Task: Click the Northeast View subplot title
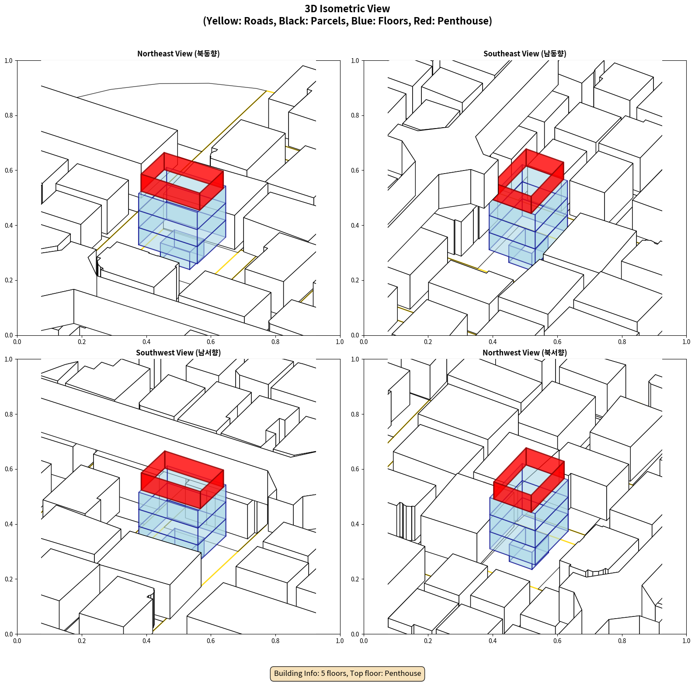(178, 54)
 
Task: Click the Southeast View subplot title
(525, 54)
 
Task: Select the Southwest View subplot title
(178, 353)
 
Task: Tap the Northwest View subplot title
(525, 353)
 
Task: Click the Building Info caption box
(347, 673)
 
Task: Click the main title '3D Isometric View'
(347, 9)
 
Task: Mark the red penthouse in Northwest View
(529, 480)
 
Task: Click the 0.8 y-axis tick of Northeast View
(9, 115)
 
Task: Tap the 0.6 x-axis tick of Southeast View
(557, 342)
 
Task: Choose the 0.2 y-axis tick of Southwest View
(9, 579)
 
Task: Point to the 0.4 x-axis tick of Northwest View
(493, 641)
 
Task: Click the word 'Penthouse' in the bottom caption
(403, 673)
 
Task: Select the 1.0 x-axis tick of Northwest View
(686, 641)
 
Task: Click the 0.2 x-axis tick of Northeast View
(82, 342)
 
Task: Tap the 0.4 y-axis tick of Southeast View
(355, 226)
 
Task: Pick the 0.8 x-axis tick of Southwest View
(275, 641)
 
